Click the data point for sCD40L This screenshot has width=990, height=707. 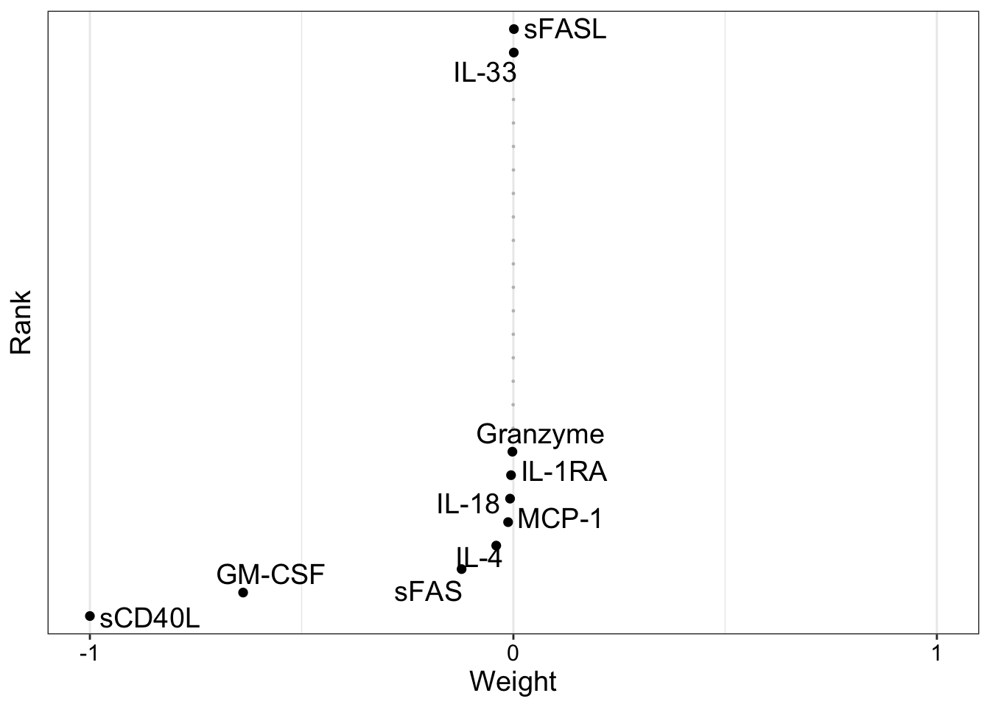point(90,616)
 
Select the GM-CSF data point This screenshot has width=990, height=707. point(243,592)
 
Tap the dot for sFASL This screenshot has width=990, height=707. point(514,29)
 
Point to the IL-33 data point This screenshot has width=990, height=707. point(513,53)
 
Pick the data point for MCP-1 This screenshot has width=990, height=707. point(508,522)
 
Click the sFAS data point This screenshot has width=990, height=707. point(462,569)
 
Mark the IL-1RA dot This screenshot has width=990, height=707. point(511,475)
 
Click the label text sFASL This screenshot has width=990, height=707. point(565,30)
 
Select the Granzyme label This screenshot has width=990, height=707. point(540,435)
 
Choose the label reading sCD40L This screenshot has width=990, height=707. point(150,619)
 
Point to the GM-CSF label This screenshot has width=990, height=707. point(270,574)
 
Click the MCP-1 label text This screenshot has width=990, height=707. point(560,520)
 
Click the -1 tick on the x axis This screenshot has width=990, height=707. point(88,653)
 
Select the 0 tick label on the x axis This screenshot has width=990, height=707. point(513,653)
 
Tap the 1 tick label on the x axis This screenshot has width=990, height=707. point(936,653)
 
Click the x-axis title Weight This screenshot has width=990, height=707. point(513,681)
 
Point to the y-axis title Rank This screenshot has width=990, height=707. point(21,322)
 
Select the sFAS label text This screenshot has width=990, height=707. point(428,591)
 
